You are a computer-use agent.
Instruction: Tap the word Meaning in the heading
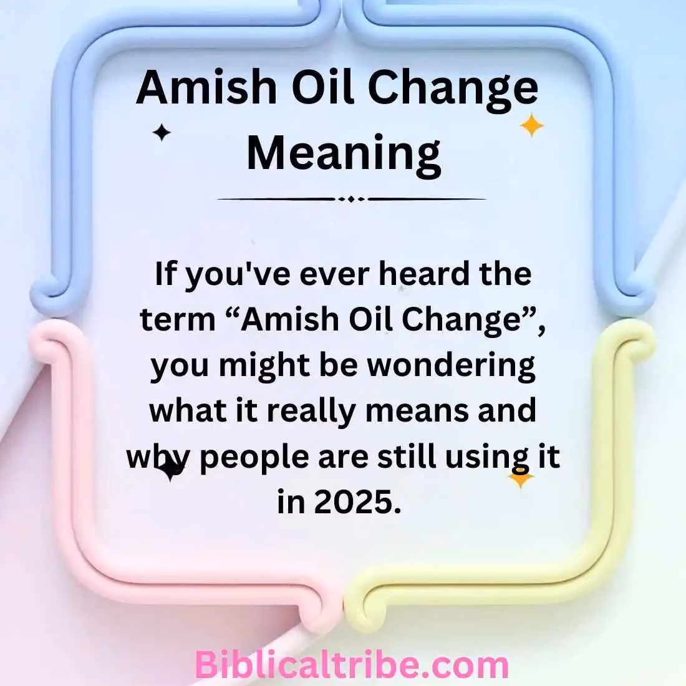pyautogui.click(x=344, y=153)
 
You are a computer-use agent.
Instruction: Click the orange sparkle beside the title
pyautogui.click(x=531, y=125)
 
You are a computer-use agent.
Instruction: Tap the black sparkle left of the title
pyautogui.click(x=162, y=132)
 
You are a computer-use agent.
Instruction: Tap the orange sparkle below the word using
pyautogui.click(x=520, y=478)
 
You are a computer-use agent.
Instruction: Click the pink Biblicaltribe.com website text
pyautogui.click(x=352, y=665)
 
